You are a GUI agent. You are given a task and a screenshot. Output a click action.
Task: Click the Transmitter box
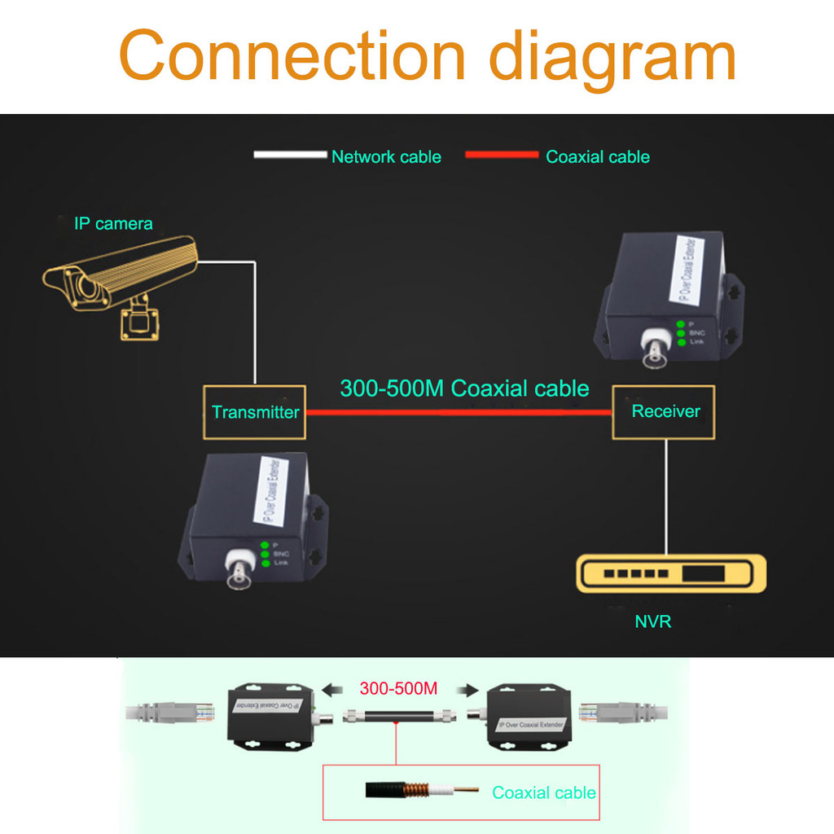point(254,412)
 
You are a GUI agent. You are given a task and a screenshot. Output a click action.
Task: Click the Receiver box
point(664,411)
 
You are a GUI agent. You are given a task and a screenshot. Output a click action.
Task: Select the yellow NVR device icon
point(671,573)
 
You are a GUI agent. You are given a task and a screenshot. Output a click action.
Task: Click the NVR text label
point(652,622)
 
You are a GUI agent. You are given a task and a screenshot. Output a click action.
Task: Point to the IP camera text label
point(113,223)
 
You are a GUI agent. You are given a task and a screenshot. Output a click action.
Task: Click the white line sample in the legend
point(290,155)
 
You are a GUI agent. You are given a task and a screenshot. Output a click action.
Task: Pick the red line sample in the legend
point(501,155)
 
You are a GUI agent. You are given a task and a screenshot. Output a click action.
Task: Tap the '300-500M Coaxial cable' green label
point(464,388)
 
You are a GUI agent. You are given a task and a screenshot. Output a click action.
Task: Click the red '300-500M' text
point(398,688)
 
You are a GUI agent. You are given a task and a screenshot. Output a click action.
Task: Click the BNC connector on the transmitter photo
point(239,573)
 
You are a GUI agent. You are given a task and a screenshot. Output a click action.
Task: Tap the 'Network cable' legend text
point(386,157)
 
